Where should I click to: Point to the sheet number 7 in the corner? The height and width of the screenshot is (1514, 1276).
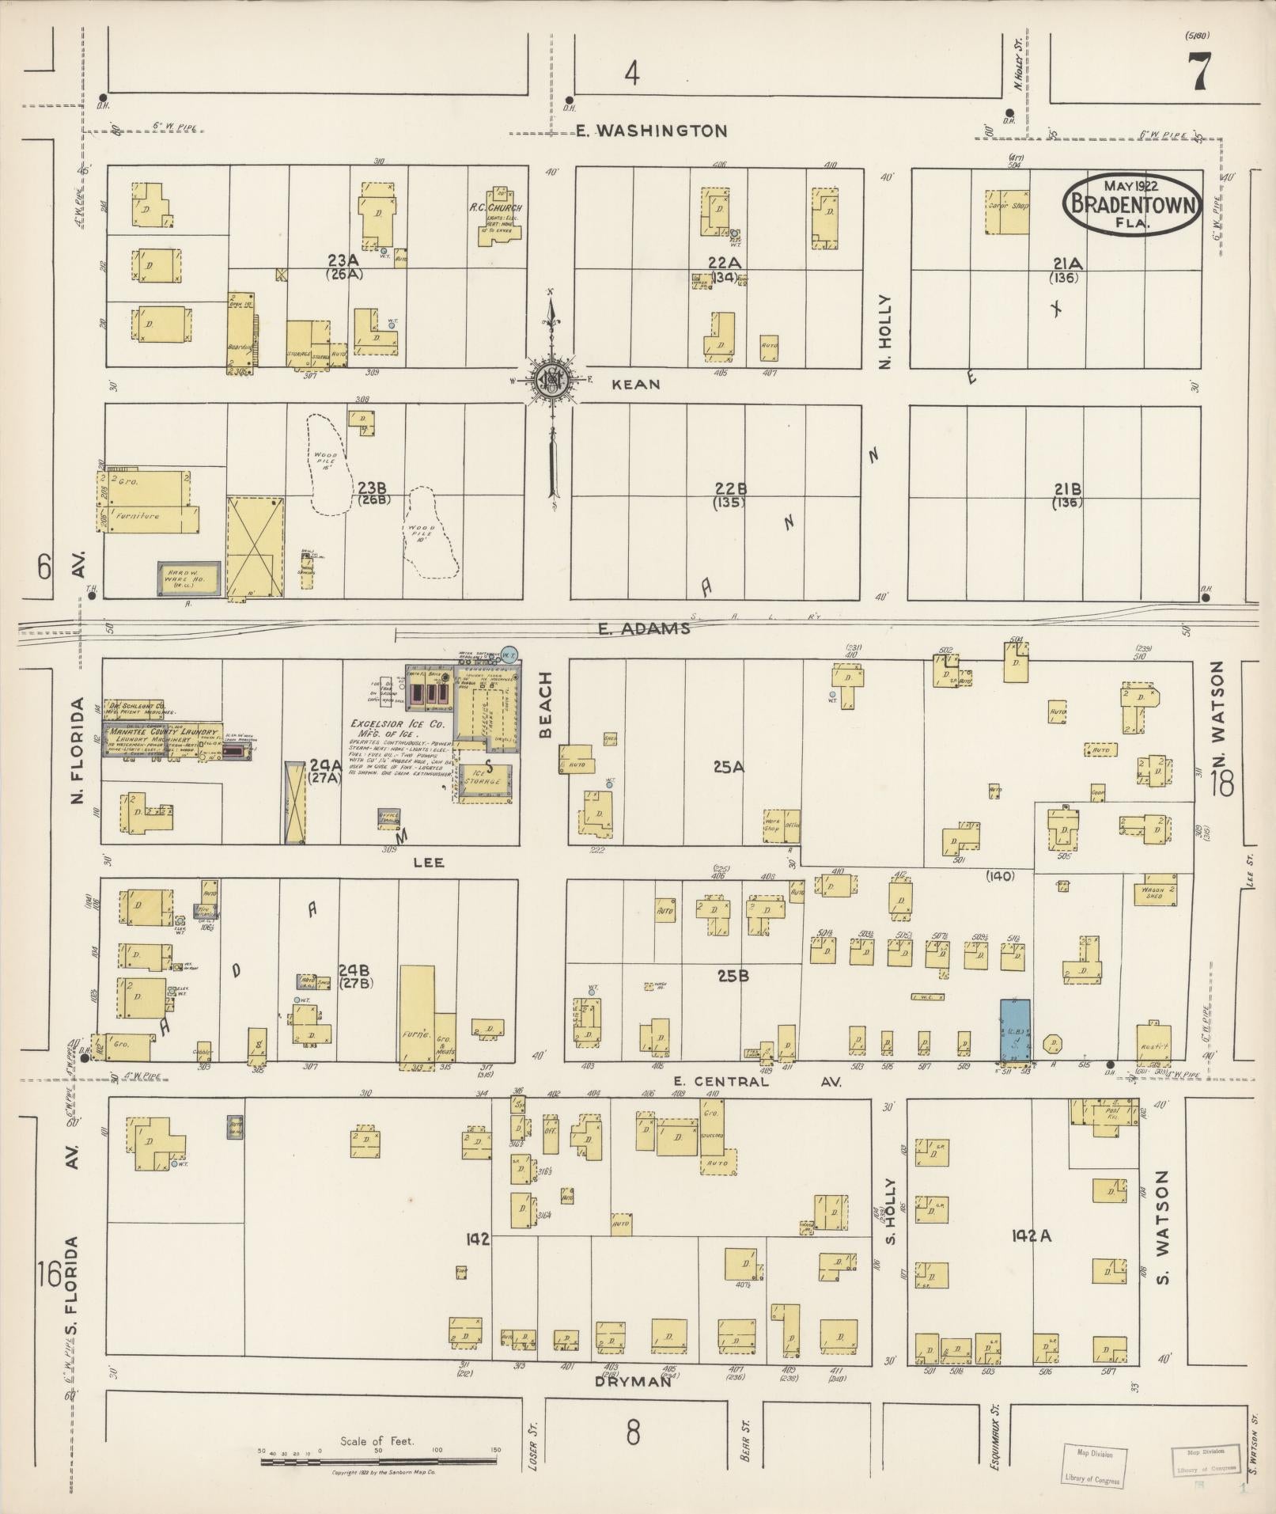point(1197,74)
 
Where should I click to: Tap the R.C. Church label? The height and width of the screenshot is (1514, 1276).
point(501,208)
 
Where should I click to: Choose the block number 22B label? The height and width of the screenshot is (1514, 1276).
point(729,489)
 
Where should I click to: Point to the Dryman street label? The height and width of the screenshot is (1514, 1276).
point(632,1382)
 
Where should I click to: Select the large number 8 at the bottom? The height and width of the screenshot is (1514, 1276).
point(632,1433)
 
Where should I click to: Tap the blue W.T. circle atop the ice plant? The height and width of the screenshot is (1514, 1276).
point(509,655)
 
